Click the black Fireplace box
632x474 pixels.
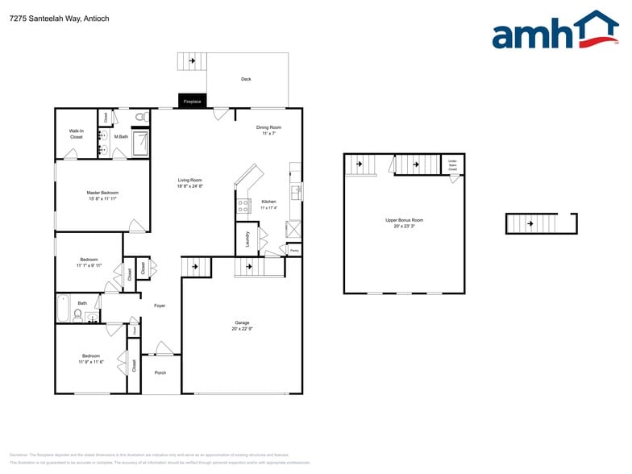tap(192, 102)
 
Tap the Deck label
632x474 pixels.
tap(246, 79)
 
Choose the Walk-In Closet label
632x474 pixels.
tap(76, 134)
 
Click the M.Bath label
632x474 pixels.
tap(121, 137)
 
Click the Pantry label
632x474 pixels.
tap(294, 251)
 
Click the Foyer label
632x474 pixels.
tap(160, 306)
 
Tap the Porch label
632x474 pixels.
tap(160, 372)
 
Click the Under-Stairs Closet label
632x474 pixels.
tap(452, 165)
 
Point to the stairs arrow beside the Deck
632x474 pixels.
tap(192, 61)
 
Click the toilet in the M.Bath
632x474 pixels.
tap(140, 118)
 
